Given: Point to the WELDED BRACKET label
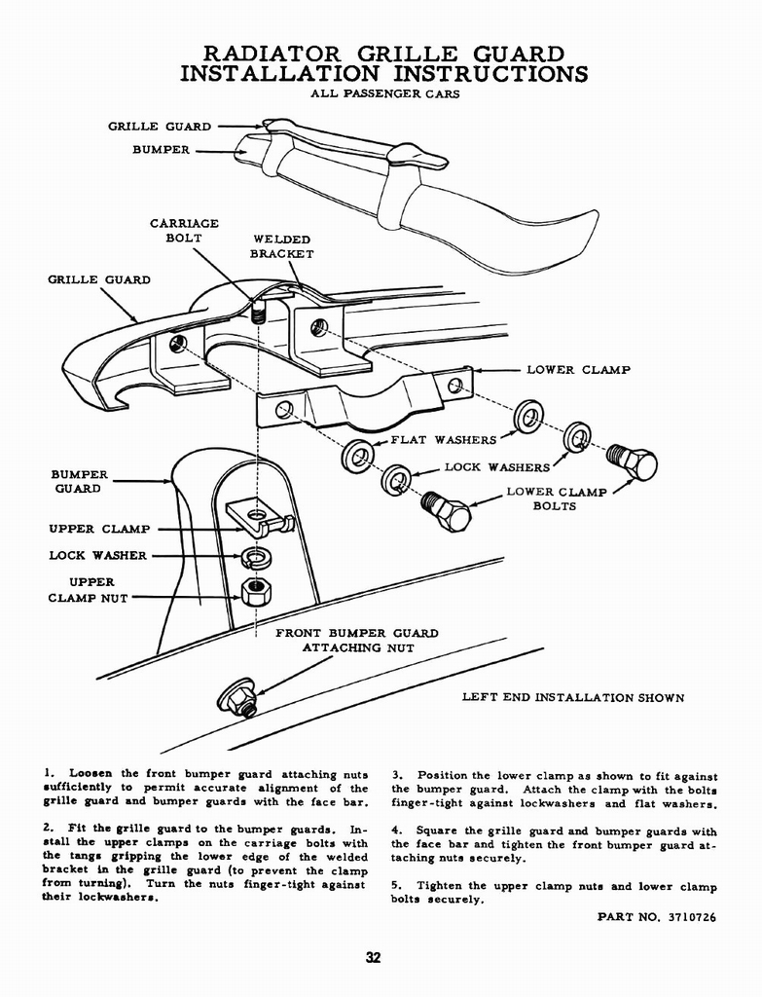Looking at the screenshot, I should [281, 246].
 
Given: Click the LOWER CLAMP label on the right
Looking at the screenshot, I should [578, 370].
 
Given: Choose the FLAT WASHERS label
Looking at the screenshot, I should [443, 440].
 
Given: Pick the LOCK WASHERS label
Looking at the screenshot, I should [496, 467].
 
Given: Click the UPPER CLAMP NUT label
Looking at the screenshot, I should [88, 590].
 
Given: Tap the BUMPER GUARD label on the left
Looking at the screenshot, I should [79, 481].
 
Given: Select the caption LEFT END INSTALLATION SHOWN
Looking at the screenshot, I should [572, 698].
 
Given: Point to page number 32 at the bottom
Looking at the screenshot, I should [373, 958].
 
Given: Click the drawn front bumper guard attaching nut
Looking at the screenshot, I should [236, 697].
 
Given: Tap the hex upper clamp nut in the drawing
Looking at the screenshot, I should [255, 590].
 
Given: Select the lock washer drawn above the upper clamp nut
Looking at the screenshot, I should [256, 558].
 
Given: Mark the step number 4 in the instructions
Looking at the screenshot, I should [397, 831].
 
